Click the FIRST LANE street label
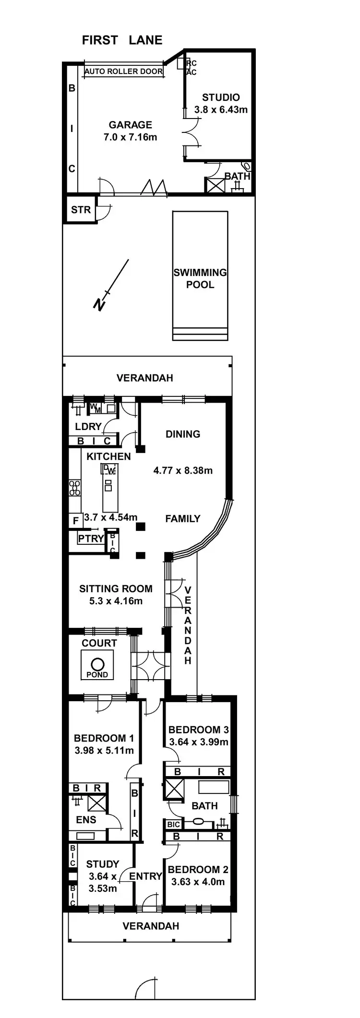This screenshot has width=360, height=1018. [122, 40]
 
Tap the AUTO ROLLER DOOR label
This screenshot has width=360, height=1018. [123, 72]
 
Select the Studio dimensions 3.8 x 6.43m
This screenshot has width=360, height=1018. [221, 109]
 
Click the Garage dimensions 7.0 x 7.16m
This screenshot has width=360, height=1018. [130, 137]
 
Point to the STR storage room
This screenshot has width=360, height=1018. [80, 210]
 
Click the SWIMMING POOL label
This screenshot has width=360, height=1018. [200, 278]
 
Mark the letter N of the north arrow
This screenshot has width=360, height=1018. [99, 304]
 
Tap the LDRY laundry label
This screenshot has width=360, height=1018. [88, 426]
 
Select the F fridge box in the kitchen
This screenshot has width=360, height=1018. [75, 521]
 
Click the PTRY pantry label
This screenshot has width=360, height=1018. [91, 539]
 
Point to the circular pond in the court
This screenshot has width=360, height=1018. [97, 664]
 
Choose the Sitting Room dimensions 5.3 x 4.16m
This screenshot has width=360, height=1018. [116, 601]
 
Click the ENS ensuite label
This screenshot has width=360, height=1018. [86, 820]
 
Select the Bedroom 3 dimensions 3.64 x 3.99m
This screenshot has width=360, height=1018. [198, 742]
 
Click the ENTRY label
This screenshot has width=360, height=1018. [145, 876]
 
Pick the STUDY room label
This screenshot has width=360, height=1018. [102, 864]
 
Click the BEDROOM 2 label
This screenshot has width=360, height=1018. [198, 869]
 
